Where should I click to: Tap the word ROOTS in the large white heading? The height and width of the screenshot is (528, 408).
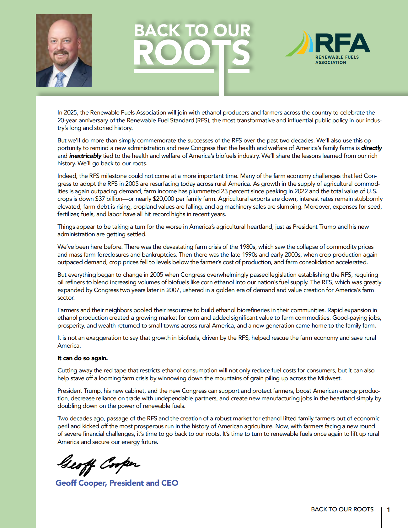192,53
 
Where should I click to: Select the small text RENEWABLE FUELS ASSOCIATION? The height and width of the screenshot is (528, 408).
336,60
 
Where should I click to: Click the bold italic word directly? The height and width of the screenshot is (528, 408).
371,148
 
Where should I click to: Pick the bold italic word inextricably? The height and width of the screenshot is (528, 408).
85,156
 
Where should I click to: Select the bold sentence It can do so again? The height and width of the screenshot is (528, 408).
83,358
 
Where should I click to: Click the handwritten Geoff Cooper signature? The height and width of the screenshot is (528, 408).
98,465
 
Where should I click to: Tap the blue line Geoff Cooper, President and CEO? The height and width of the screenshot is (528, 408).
117,483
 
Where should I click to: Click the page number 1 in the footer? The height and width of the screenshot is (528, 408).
389,509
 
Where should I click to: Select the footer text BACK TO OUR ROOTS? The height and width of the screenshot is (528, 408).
342,509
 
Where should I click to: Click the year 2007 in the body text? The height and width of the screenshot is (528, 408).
173,290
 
